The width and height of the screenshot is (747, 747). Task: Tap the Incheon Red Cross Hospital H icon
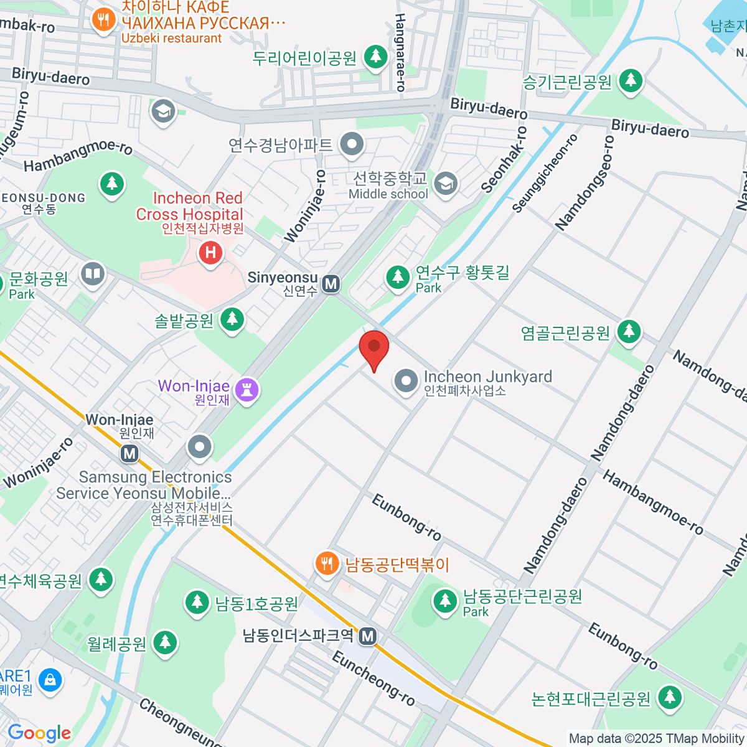[x=210, y=252]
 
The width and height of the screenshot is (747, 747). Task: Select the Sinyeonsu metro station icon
[x=331, y=284]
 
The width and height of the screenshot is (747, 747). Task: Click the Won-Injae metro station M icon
[x=129, y=453]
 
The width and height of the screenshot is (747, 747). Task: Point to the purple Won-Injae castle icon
[x=248, y=390]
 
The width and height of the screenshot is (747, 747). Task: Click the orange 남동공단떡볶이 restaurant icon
[x=326, y=564]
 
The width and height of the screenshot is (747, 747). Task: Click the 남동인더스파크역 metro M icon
[x=368, y=636]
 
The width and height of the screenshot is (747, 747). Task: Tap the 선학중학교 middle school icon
[x=446, y=184]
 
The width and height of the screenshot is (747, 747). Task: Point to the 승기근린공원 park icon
[x=631, y=80]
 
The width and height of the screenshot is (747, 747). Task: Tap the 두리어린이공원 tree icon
[x=375, y=57]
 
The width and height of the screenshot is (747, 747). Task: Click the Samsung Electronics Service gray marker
[x=200, y=446]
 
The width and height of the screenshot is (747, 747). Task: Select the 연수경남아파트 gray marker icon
[x=352, y=144]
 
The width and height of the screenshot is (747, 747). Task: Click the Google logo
[x=39, y=733]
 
